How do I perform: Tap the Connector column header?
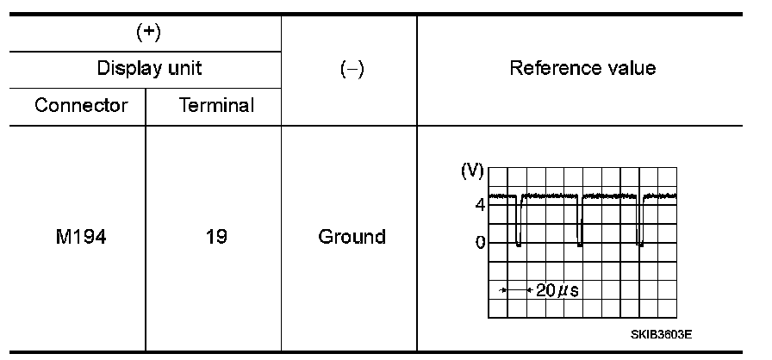click(x=82, y=106)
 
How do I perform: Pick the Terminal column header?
click(x=215, y=106)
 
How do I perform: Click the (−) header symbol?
click(x=350, y=70)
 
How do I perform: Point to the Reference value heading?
click(x=582, y=69)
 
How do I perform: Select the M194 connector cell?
click(x=82, y=236)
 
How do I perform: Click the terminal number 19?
click(x=215, y=236)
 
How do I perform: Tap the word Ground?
click(x=351, y=236)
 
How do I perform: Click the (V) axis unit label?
click(x=472, y=171)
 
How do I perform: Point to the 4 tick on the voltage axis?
click(x=478, y=204)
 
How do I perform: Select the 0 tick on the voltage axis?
click(x=479, y=242)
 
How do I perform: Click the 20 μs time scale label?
click(x=557, y=290)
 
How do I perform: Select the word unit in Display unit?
click(x=184, y=69)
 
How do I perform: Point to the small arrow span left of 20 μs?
click(x=514, y=290)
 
